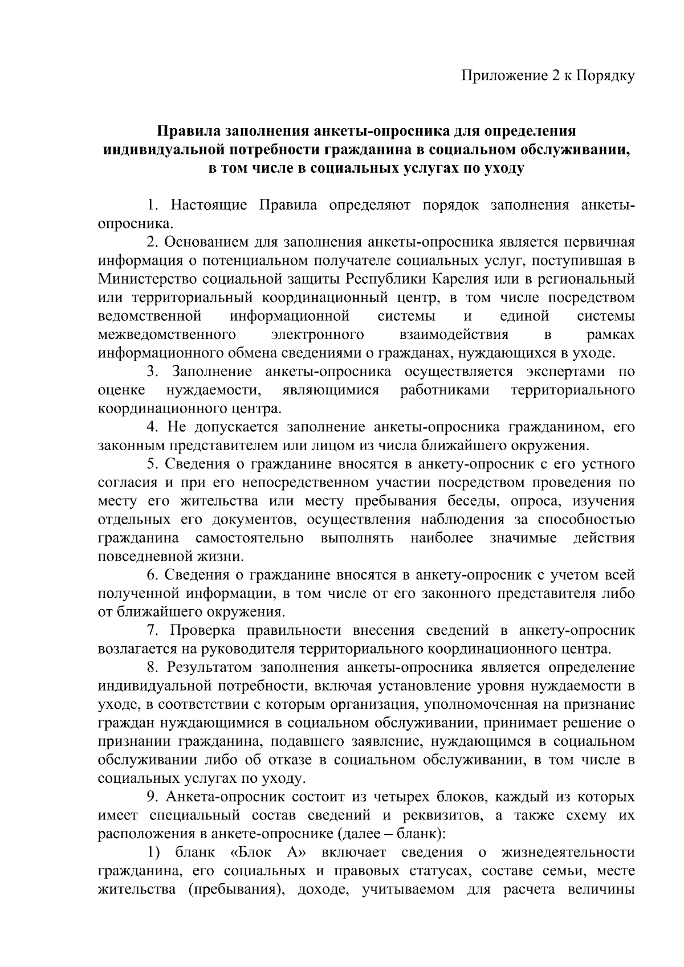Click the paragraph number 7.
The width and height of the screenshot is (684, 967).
point(152,631)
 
